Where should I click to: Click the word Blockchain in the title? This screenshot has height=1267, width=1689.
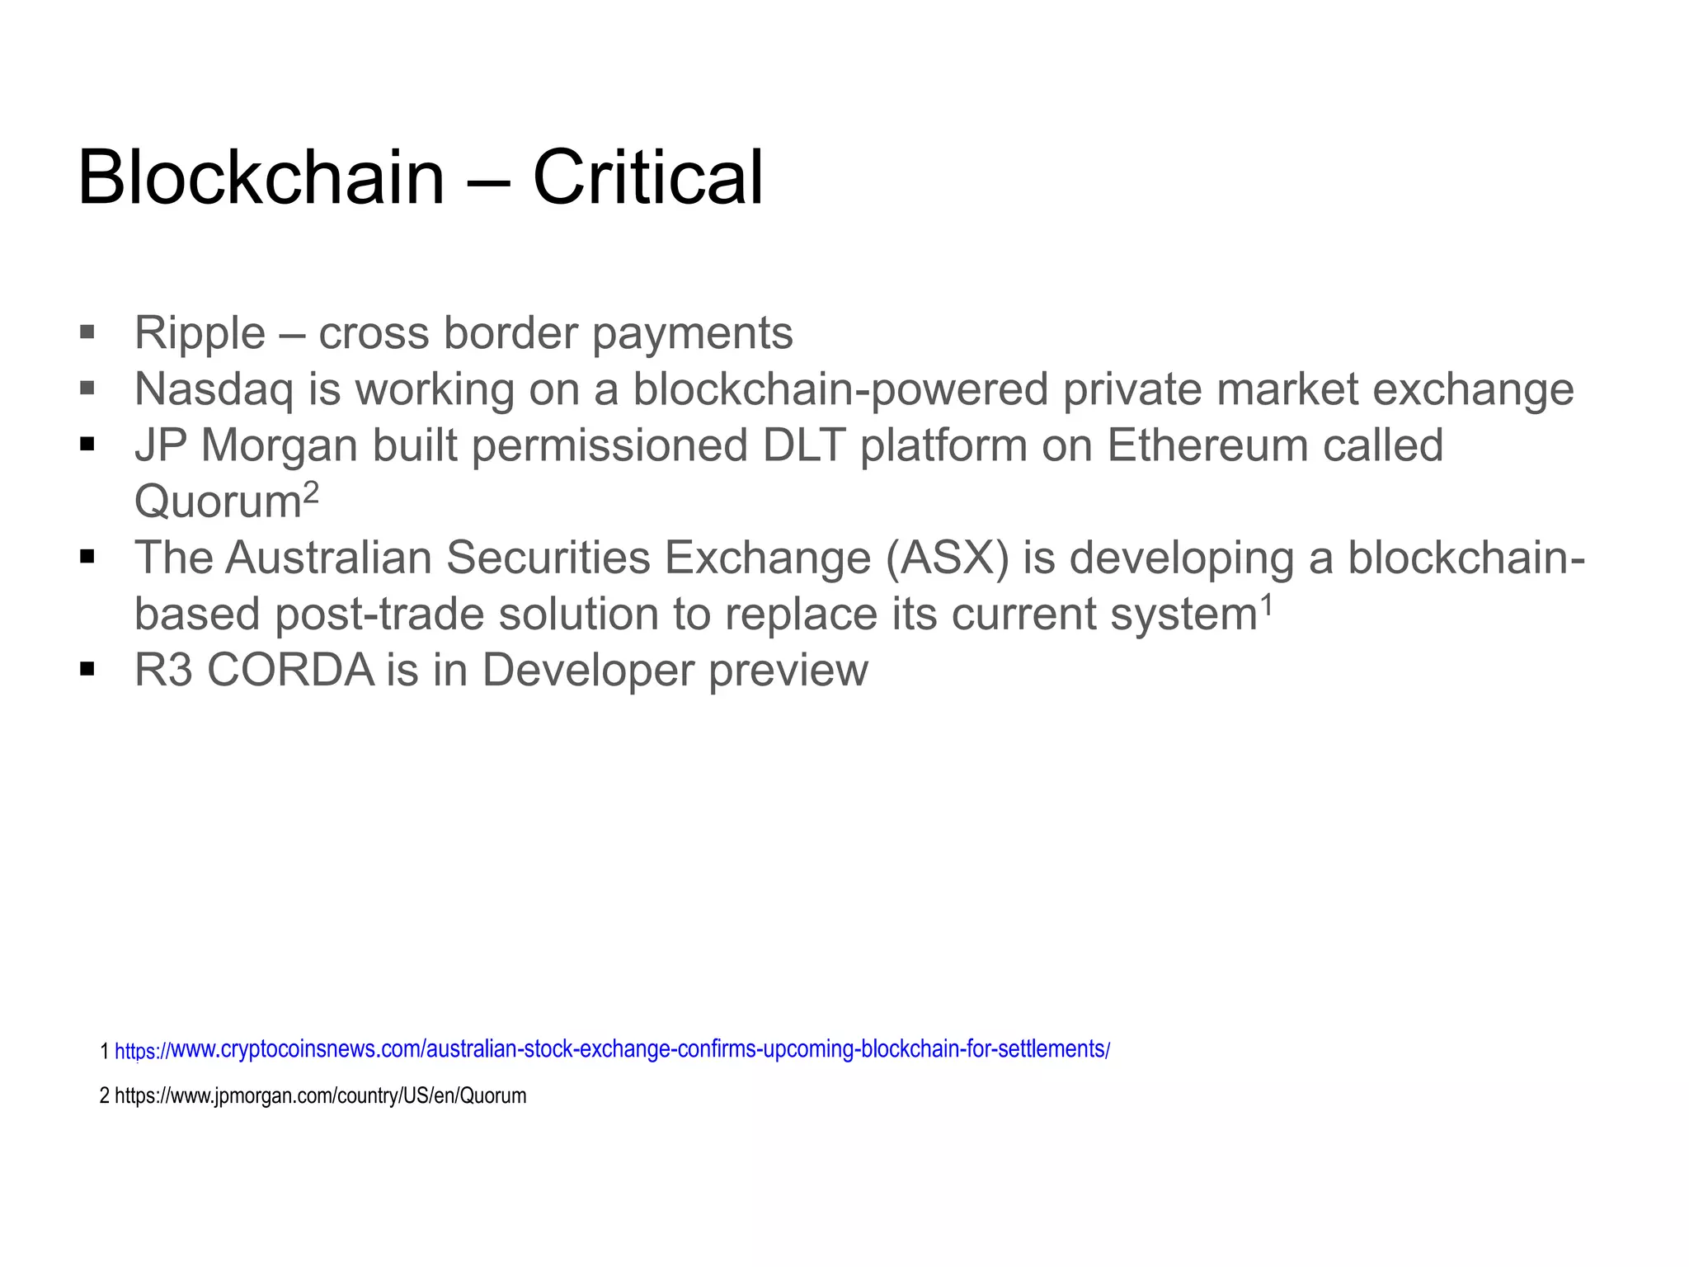[261, 177]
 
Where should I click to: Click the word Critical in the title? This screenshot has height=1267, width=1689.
[648, 177]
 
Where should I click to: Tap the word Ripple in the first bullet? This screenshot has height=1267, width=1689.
[200, 333]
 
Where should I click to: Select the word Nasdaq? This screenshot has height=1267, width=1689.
[214, 389]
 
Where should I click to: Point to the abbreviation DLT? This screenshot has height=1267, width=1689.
[804, 445]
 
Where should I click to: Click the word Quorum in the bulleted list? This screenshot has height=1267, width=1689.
[218, 502]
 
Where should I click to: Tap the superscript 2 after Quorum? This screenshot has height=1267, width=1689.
[311, 492]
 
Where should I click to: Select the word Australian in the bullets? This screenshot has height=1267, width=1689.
[328, 558]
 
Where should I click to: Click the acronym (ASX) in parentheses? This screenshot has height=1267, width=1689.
[948, 558]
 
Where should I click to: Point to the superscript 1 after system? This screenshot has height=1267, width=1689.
[1267, 605]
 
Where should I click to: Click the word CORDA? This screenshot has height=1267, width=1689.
[291, 670]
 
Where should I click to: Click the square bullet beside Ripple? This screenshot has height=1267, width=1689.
[87, 332]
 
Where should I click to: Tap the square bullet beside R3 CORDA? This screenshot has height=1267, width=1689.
[87, 669]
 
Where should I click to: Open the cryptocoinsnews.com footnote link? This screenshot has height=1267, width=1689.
[612, 1050]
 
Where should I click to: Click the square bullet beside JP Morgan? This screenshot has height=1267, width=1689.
[87, 445]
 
